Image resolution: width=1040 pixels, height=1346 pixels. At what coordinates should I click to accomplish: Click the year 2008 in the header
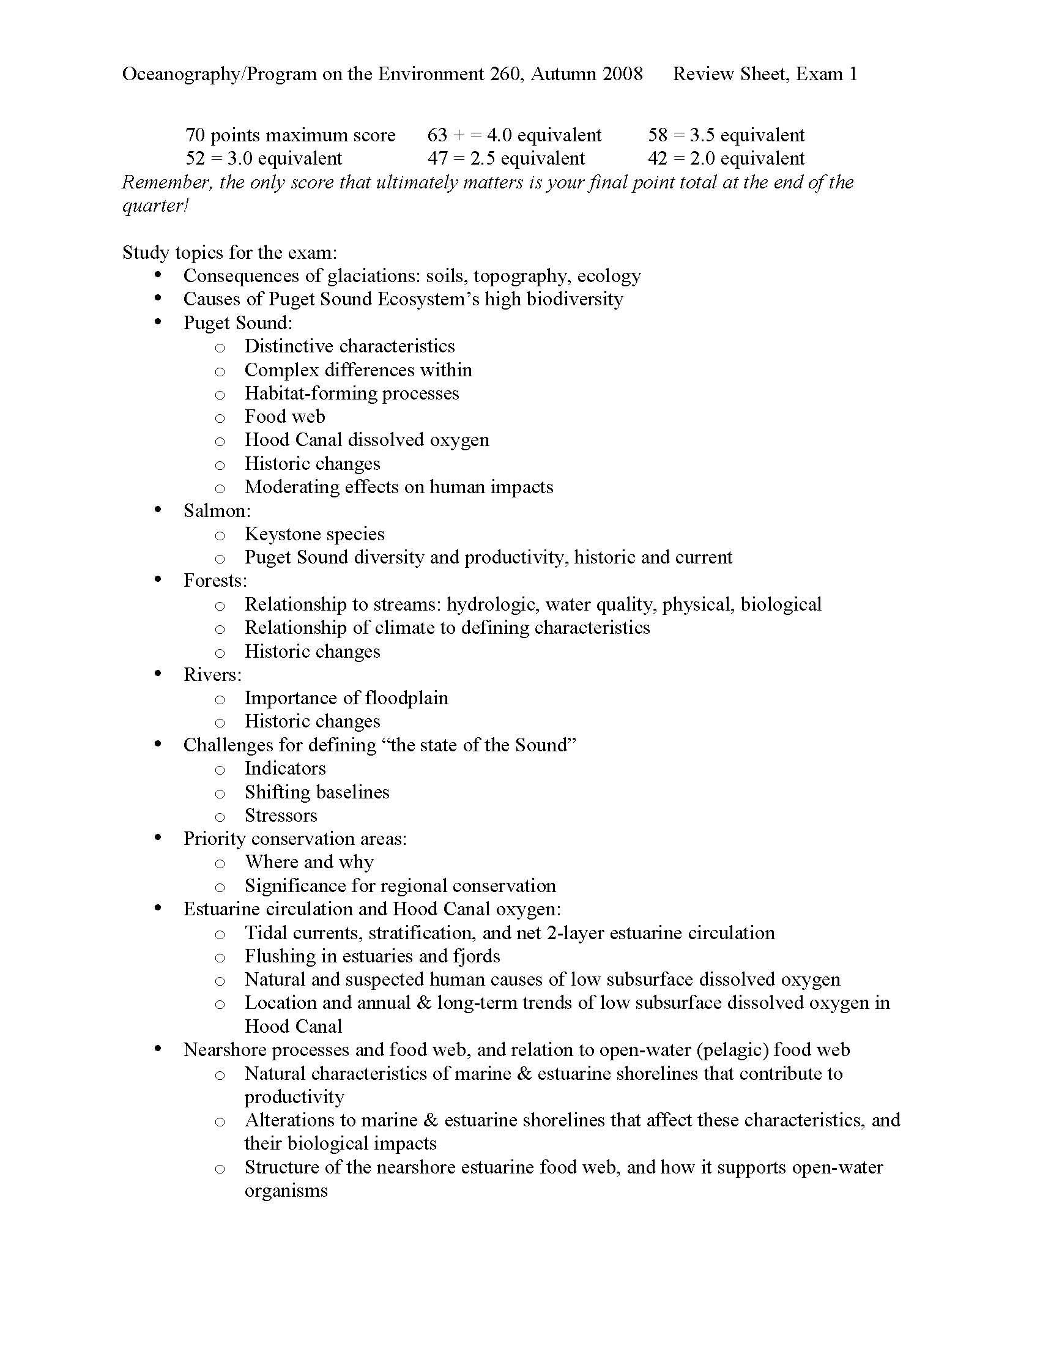tap(622, 74)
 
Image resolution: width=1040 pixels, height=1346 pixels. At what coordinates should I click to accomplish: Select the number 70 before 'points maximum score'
tap(195, 135)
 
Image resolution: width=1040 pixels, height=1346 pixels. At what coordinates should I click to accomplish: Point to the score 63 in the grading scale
tap(437, 135)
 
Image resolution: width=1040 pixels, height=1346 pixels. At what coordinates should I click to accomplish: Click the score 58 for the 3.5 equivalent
tap(658, 135)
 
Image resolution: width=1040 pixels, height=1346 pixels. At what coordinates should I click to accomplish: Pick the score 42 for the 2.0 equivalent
tap(658, 158)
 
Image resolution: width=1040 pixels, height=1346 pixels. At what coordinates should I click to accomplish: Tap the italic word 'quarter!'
tap(155, 205)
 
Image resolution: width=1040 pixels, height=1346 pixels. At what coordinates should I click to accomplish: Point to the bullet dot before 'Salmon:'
tap(159, 510)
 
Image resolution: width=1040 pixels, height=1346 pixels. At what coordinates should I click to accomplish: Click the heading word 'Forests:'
tap(215, 581)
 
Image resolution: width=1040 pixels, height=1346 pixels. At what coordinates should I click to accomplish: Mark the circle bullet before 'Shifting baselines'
tap(220, 793)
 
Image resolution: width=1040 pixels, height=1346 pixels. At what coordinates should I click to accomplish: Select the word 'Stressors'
tap(281, 816)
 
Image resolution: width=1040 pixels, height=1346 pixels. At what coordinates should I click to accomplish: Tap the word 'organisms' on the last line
tap(286, 1191)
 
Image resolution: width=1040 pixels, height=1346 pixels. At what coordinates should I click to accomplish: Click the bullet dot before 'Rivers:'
tap(159, 674)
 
